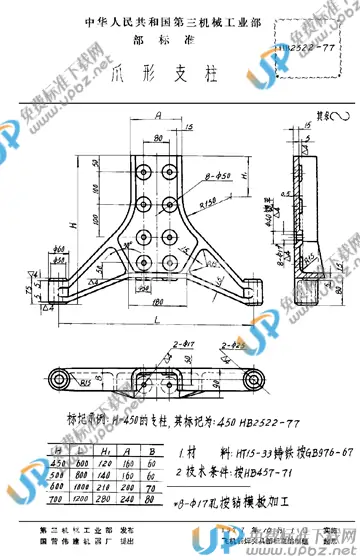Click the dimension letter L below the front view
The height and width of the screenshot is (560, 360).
(161, 318)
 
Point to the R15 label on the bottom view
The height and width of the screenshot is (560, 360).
(61, 380)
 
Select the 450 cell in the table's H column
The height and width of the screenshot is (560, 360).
(61, 462)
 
